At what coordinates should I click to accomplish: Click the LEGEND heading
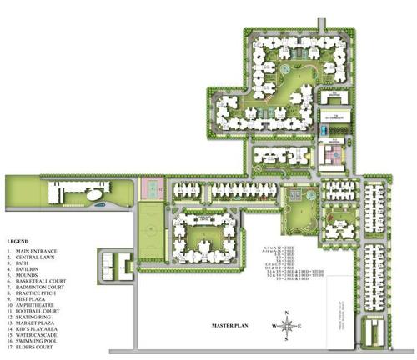click(x=18, y=242)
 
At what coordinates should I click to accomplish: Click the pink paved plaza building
click(x=330, y=154)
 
